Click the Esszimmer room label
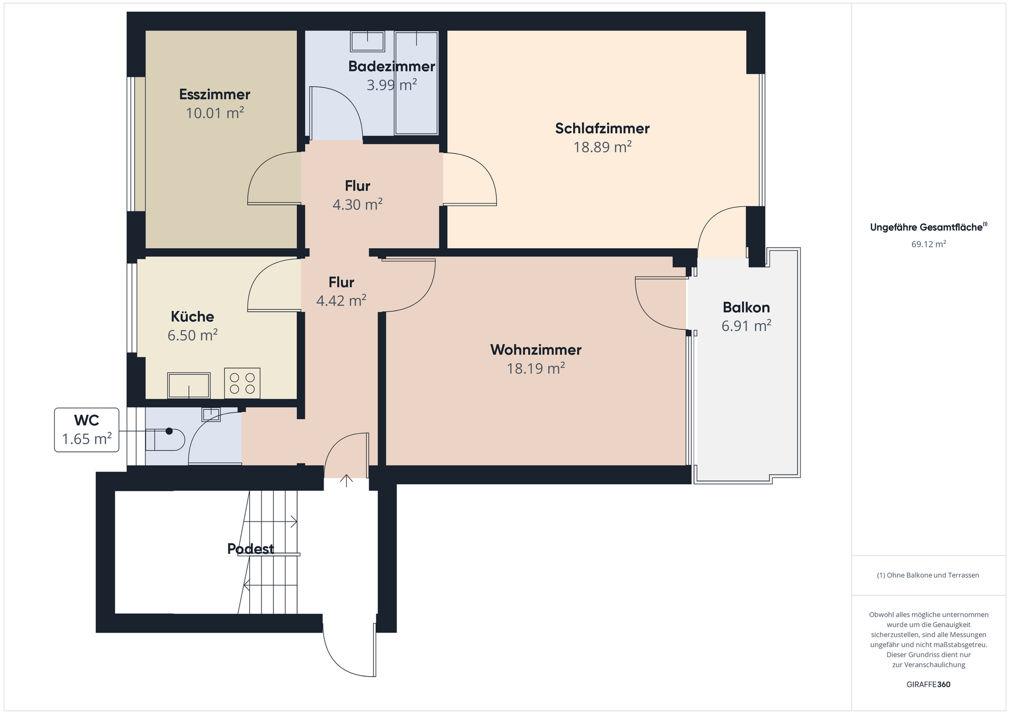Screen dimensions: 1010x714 pos(215,95)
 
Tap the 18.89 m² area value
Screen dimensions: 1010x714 pos(602,147)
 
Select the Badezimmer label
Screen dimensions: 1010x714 pos(391,66)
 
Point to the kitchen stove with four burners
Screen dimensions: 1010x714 pos(242,383)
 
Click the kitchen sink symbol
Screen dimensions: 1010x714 pos(189,385)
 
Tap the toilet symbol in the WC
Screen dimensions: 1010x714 pos(165,440)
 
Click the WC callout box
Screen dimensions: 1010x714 pos(87,430)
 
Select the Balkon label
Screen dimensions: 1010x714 pos(746,308)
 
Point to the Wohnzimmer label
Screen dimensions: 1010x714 pos(536,350)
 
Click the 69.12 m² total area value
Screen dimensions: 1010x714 pos(928,244)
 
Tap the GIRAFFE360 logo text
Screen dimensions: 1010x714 pos(928,685)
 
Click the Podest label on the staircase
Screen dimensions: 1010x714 pos(250,549)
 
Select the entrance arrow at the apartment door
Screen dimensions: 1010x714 pos(346,481)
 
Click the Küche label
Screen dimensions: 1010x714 pos(193,317)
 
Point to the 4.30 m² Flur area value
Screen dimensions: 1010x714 pos(357,205)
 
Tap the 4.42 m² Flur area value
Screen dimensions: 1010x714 pos(341,301)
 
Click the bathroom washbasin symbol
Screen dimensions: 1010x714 pos(368,40)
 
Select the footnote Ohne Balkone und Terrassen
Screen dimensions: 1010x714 pos(928,575)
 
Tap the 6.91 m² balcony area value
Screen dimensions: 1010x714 pos(746,326)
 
